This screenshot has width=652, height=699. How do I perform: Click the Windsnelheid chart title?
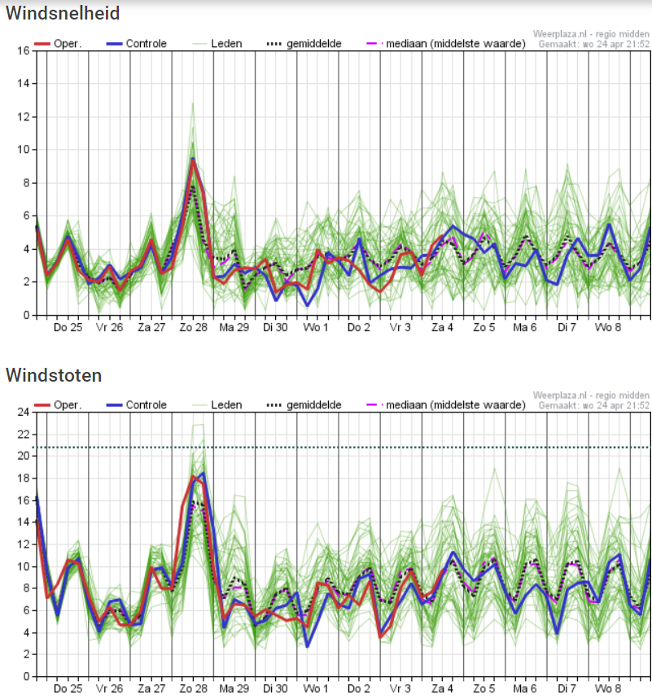tap(63, 13)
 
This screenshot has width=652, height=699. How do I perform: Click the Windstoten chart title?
tap(54, 375)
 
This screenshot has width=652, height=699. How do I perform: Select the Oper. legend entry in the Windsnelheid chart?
tap(58, 44)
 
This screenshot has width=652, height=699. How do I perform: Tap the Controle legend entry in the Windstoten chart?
tap(137, 404)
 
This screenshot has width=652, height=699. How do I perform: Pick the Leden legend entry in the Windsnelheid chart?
tap(217, 44)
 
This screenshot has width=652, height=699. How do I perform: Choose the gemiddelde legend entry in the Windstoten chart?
tap(304, 404)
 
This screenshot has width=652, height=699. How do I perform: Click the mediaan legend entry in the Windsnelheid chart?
tap(446, 44)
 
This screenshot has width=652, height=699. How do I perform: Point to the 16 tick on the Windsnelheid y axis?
tap(24, 50)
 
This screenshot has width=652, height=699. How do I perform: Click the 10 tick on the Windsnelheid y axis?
tap(24, 150)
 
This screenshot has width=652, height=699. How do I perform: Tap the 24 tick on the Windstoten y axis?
tap(24, 412)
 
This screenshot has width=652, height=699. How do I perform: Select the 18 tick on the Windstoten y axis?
tap(24, 478)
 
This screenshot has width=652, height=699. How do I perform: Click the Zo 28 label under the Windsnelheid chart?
tap(194, 327)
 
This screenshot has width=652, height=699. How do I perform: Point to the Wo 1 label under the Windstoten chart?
tap(316, 688)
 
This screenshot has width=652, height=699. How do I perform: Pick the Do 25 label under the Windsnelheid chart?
tap(68, 327)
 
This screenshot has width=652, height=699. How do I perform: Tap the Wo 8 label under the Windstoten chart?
tap(608, 688)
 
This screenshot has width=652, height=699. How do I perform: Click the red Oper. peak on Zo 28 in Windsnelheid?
tap(193, 159)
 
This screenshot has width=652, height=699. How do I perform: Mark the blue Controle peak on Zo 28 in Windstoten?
tap(203, 474)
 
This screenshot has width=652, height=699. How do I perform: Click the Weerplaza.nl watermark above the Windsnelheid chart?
tap(591, 34)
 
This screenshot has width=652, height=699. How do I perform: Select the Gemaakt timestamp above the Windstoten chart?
tap(593, 405)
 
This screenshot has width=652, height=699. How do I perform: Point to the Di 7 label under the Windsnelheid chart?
tap(567, 327)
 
